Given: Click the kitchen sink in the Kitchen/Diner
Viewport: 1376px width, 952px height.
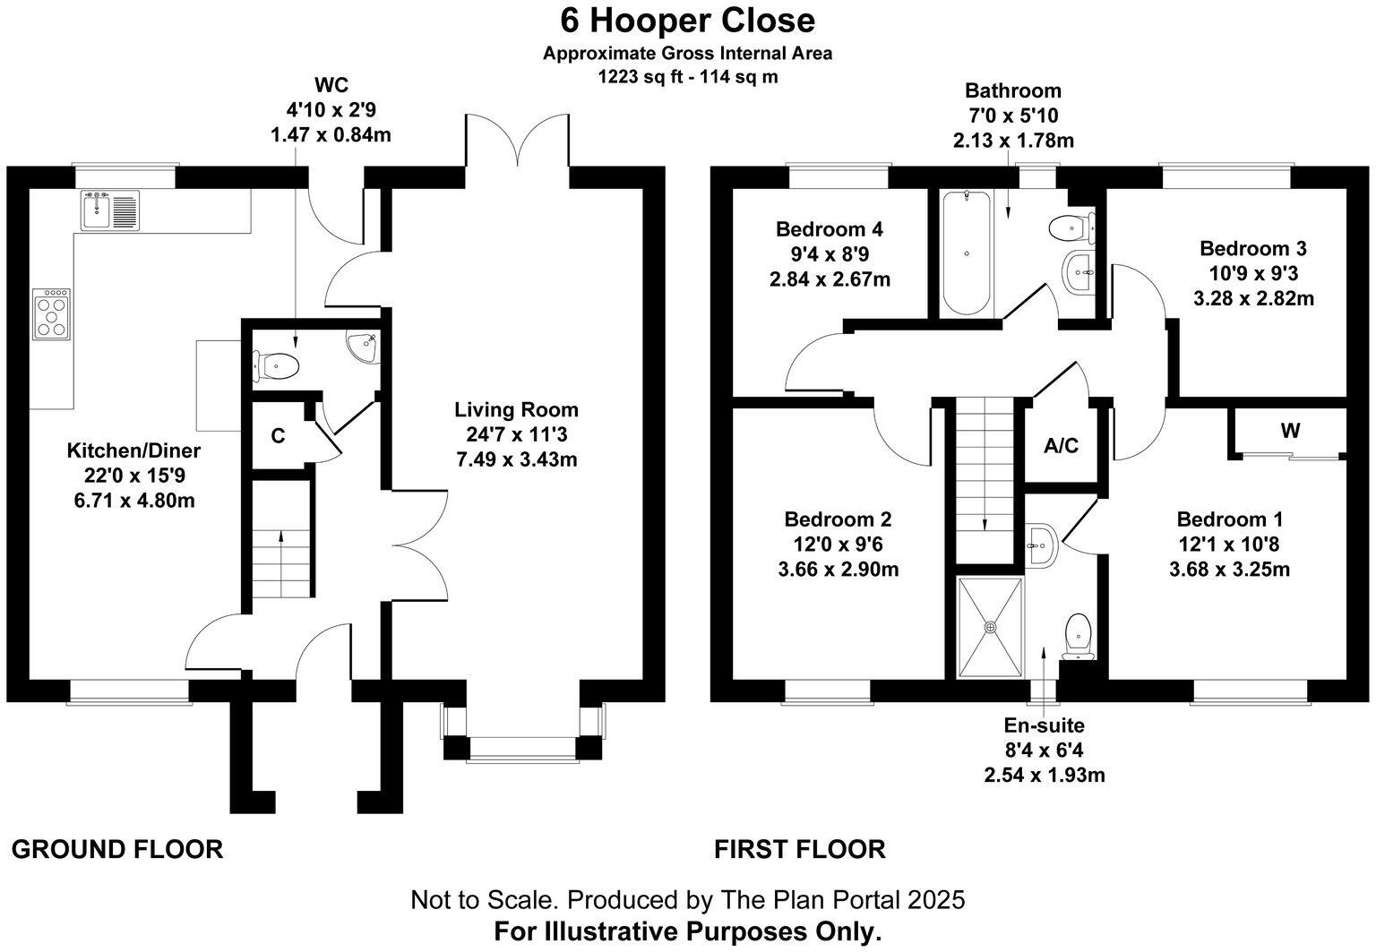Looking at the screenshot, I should (x=111, y=210).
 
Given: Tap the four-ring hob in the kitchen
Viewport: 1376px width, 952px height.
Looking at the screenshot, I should (x=52, y=313).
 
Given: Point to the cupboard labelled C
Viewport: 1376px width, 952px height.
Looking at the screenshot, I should (x=278, y=436).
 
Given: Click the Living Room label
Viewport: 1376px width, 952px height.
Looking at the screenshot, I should (x=516, y=410).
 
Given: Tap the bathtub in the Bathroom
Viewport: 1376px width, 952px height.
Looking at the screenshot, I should (x=966, y=253).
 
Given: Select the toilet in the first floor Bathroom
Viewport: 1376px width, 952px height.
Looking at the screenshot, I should (x=1071, y=228).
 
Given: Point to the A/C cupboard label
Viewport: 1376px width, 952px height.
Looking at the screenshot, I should (x=1062, y=445).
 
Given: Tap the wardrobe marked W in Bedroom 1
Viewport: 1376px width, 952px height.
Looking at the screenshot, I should (x=1289, y=432).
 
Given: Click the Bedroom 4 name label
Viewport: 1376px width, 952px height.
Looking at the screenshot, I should (x=830, y=229).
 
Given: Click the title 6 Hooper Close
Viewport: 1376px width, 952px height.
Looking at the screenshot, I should (x=688, y=20).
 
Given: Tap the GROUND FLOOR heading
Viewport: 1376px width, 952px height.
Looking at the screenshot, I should (x=117, y=849).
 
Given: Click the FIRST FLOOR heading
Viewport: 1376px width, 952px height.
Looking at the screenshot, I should (x=799, y=849).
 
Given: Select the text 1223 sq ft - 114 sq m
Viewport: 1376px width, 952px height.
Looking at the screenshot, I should (x=688, y=77).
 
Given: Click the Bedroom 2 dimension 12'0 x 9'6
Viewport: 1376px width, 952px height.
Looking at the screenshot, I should (x=838, y=544).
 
